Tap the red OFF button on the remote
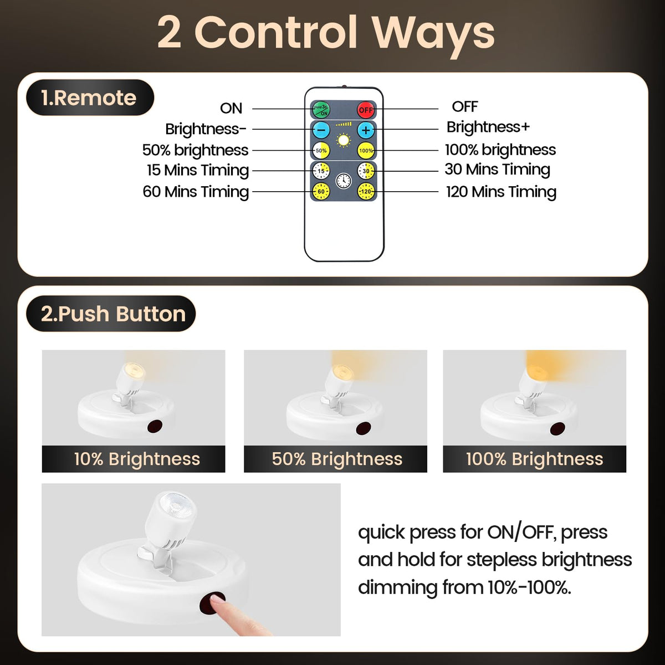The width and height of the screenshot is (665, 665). click(x=366, y=110)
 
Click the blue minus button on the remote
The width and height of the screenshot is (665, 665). click(x=321, y=130)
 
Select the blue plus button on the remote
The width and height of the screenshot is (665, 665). click(x=366, y=130)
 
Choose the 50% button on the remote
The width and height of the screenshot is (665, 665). click(x=321, y=151)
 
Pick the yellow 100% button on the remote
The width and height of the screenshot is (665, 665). click(x=366, y=151)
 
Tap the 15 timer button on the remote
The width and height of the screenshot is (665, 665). click(x=321, y=171)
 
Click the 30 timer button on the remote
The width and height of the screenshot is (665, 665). click(x=366, y=171)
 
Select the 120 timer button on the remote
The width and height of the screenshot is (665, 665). click(x=366, y=192)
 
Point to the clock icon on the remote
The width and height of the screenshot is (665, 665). click(x=344, y=181)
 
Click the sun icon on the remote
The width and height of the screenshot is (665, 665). click(x=344, y=140)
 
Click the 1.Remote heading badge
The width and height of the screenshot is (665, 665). click(x=90, y=98)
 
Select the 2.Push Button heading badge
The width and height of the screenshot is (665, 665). click(x=111, y=314)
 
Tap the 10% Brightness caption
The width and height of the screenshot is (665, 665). click(x=137, y=459)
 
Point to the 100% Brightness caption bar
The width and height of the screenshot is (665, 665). click(x=534, y=459)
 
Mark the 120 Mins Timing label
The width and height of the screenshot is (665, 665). click(x=501, y=192)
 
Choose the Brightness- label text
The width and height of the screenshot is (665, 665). click(x=206, y=129)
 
